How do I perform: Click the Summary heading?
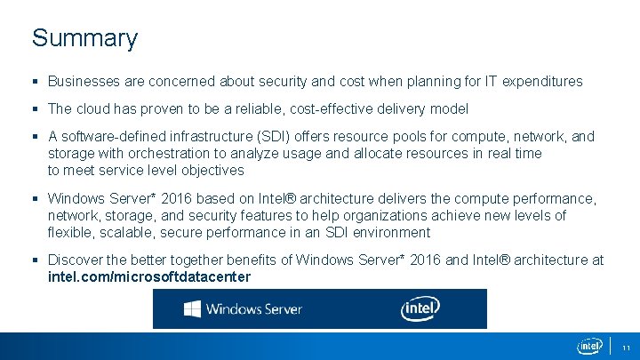pos(84,38)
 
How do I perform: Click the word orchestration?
pos(145,154)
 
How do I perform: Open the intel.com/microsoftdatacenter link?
pos(149,277)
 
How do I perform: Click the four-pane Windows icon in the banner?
pos(192,309)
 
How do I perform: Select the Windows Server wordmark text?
pos(254,309)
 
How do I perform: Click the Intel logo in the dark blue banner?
pos(420,308)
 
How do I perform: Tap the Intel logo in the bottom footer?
pos(589,346)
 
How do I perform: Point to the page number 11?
pos(626,347)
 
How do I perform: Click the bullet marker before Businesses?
pos(36,82)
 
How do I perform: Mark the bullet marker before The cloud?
pos(36,109)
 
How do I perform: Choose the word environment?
pos(390,233)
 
